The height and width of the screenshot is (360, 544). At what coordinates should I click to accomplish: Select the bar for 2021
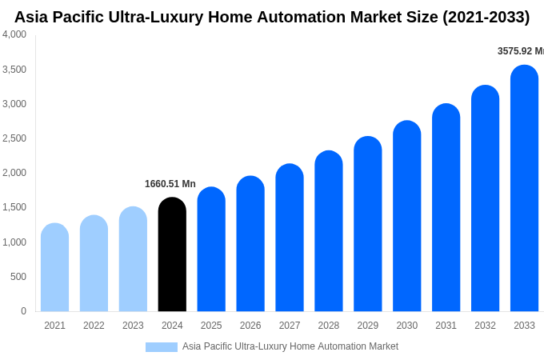coord(54,267)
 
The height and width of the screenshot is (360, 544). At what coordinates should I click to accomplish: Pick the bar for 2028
coord(329,231)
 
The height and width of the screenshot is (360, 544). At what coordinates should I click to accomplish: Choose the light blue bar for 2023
coord(133,259)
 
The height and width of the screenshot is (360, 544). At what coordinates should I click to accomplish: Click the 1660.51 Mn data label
coord(170,184)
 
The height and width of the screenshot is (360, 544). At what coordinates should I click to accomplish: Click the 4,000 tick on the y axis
coord(14,34)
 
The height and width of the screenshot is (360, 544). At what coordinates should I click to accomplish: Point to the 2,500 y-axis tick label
coord(14,138)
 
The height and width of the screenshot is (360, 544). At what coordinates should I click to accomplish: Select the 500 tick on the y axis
coord(18,277)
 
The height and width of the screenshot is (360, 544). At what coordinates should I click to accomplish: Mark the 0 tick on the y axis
coord(23,311)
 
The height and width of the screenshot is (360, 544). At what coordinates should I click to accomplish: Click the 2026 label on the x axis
coord(250,326)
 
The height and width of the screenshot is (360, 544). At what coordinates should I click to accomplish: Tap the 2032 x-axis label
coord(485,326)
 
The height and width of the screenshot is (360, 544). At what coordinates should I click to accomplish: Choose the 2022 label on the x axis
coord(94,326)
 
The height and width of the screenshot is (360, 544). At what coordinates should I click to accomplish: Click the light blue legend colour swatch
coord(161,347)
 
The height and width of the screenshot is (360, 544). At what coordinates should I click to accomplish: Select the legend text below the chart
coord(290,346)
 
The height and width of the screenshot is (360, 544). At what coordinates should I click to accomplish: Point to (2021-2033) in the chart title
coord(486,17)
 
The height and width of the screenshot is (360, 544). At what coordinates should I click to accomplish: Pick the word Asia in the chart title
coord(33,17)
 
